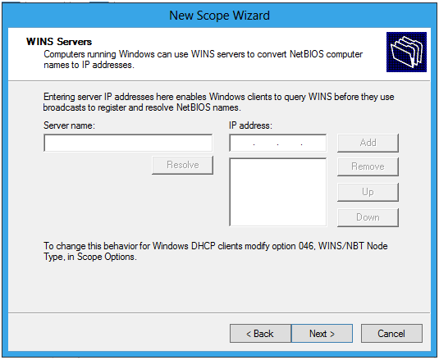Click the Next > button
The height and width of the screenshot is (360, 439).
click(x=322, y=333)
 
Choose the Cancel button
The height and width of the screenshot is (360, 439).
click(x=391, y=333)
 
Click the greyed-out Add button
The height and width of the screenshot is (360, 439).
click(x=368, y=143)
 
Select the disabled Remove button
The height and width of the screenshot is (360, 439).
click(x=368, y=166)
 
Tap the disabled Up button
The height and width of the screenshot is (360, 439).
click(x=368, y=192)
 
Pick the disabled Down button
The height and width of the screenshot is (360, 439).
click(x=368, y=217)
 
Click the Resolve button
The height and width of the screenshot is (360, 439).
click(x=182, y=165)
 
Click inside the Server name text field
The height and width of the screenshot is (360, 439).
click(x=128, y=143)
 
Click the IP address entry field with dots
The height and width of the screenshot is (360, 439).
click(x=277, y=143)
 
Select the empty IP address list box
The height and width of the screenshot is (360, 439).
click(x=277, y=192)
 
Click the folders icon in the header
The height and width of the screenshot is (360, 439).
click(x=406, y=52)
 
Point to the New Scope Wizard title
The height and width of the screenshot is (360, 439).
click(x=220, y=16)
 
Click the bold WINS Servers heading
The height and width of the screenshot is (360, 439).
click(x=59, y=42)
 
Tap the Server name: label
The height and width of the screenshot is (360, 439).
click(x=69, y=125)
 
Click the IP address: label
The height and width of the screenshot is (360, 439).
click(x=250, y=125)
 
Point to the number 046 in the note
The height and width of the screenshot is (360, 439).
click(x=307, y=246)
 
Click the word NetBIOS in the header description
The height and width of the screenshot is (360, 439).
click(x=307, y=54)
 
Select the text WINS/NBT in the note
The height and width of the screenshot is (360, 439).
click(x=341, y=246)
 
